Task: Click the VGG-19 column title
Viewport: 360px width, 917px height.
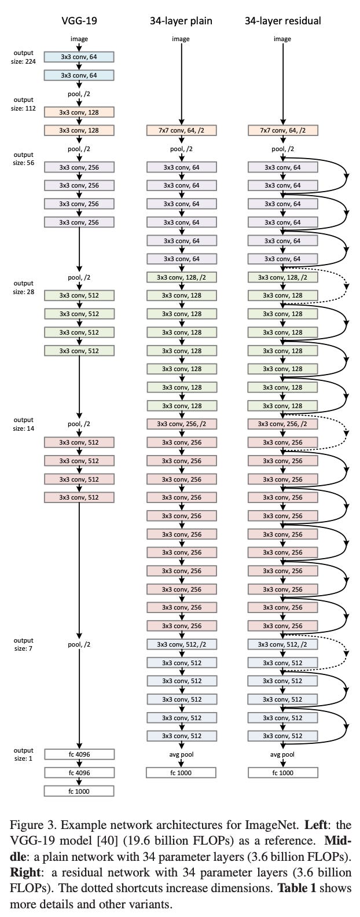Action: [79, 21]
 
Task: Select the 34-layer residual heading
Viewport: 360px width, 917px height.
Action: [282, 21]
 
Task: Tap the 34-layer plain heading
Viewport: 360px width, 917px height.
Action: [181, 21]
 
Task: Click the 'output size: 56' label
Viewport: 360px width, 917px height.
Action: [24, 159]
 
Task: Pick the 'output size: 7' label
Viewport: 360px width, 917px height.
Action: [24, 644]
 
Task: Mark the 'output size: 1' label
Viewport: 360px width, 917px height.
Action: [24, 754]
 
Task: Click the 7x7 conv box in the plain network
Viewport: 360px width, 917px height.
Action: [181, 130]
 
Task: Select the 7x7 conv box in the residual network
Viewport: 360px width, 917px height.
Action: [282, 130]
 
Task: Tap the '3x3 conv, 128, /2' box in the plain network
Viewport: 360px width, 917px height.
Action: [181, 277]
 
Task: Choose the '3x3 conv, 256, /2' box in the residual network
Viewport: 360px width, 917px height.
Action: [282, 424]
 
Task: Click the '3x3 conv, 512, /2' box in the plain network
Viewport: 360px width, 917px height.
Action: [181, 644]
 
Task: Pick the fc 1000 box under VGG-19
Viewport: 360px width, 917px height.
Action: [79, 791]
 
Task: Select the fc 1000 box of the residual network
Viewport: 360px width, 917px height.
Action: [282, 772]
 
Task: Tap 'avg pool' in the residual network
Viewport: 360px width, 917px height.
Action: [282, 754]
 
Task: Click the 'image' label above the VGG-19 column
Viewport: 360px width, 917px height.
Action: [79, 39]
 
